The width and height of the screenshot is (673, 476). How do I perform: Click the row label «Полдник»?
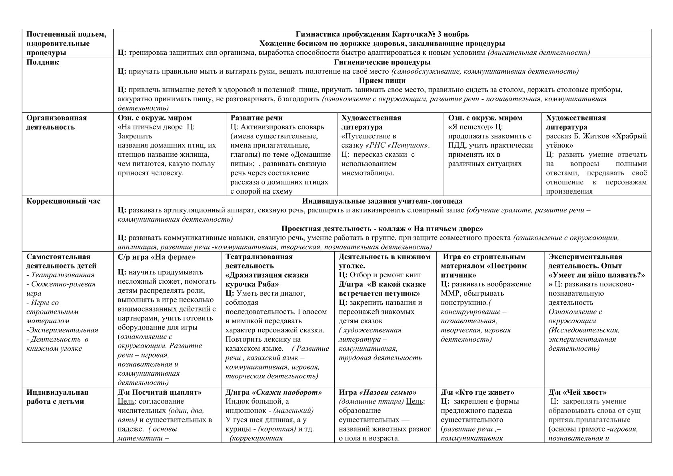click(x=43, y=62)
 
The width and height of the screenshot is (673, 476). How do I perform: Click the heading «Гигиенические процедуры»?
click(x=382, y=62)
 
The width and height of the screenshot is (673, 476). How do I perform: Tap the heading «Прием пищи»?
click(x=382, y=80)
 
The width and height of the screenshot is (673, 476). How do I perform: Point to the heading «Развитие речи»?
click(x=256, y=118)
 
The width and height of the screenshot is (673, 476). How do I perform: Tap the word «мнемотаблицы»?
click(x=367, y=173)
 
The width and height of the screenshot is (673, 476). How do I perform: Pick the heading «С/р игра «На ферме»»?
click(x=157, y=257)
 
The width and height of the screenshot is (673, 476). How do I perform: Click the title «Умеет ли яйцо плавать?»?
click(x=597, y=275)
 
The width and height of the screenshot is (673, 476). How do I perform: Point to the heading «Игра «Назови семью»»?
click(x=377, y=392)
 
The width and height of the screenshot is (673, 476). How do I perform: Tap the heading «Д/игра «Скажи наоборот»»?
click(x=274, y=392)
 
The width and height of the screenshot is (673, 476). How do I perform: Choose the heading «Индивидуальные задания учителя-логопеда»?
click(x=382, y=201)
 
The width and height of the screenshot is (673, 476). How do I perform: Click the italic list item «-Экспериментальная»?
click(x=62, y=330)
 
